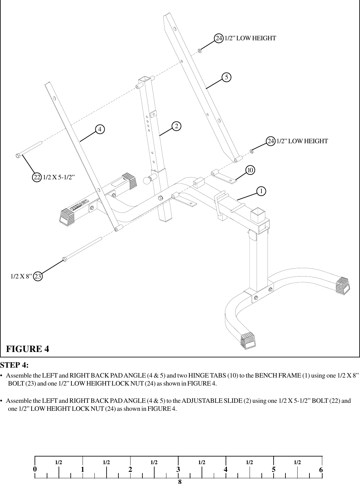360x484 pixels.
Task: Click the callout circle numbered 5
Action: [x=226, y=77]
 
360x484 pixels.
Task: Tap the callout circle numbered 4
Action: [x=100, y=129]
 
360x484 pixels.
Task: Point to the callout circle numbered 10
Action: [x=250, y=170]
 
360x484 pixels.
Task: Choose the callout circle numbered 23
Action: [x=38, y=276]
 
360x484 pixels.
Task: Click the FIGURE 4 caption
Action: [x=28, y=348]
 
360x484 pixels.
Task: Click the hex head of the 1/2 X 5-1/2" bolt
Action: [x=18, y=156]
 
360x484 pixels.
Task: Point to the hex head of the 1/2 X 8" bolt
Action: [x=64, y=259]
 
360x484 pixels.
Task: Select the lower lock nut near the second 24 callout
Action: [x=252, y=151]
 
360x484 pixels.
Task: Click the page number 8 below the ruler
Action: [x=180, y=481]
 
